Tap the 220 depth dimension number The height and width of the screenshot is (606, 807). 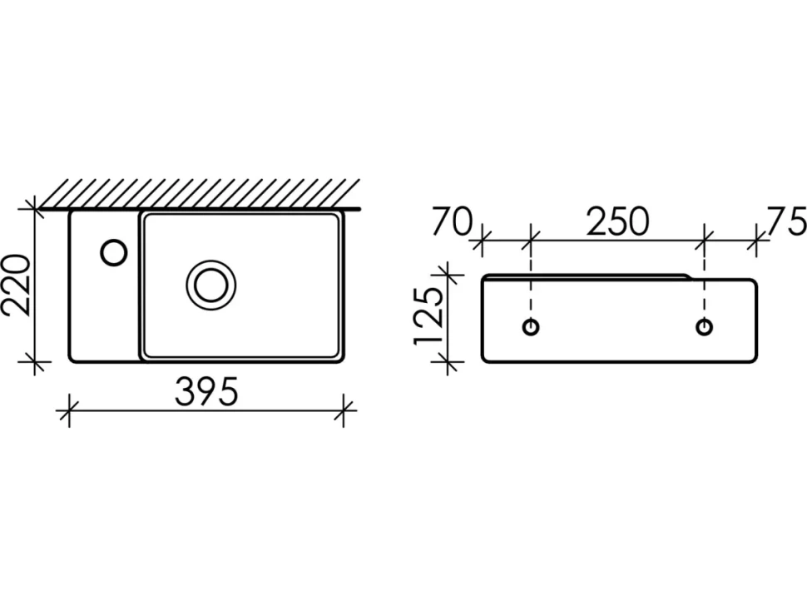pyautogui.click(x=16, y=285)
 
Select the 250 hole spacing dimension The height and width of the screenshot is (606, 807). pyautogui.click(x=617, y=221)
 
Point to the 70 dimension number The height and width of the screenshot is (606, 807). pyautogui.click(x=452, y=221)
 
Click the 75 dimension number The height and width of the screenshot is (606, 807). pyautogui.click(x=786, y=221)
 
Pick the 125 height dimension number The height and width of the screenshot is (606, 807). pyautogui.click(x=428, y=315)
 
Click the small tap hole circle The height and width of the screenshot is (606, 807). pyautogui.click(x=114, y=253)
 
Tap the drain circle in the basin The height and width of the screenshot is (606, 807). pyautogui.click(x=211, y=285)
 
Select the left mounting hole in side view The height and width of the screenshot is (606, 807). pyautogui.click(x=531, y=326)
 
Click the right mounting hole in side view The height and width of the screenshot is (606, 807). pyautogui.click(x=704, y=326)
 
